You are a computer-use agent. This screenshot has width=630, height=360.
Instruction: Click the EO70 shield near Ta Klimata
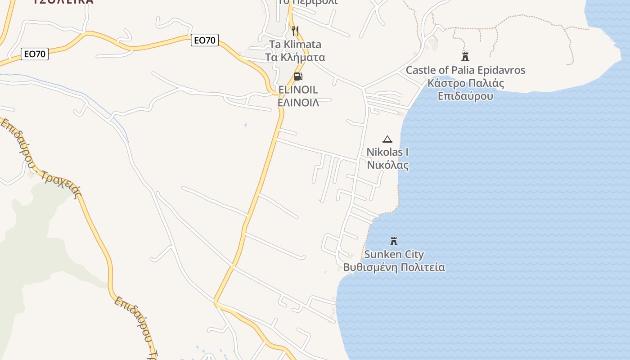[x=205, y=40]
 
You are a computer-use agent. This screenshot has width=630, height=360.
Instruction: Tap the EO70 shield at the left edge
[x=35, y=54]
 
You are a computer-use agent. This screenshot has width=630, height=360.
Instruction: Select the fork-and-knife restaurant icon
[x=295, y=31]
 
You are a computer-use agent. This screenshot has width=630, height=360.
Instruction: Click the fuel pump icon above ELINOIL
[x=297, y=76]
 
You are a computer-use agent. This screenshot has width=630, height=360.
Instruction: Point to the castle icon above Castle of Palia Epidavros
[x=465, y=57]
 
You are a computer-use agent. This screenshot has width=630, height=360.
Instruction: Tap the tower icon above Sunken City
[x=394, y=241]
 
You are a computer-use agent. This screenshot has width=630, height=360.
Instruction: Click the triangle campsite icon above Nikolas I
[x=387, y=139]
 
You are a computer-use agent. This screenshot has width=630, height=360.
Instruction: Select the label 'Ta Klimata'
[x=295, y=44]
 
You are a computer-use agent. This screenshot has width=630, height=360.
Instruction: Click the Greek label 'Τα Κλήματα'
[x=295, y=57]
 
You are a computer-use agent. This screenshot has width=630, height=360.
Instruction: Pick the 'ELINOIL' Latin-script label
[x=298, y=90]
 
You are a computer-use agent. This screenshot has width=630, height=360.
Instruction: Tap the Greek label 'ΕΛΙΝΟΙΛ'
[x=298, y=103]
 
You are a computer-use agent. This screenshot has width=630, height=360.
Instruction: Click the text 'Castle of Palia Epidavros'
[x=465, y=70]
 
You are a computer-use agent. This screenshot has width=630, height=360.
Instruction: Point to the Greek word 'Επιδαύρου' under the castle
[x=465, y=96]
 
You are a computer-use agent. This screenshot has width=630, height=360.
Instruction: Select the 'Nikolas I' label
[x=387, y=152]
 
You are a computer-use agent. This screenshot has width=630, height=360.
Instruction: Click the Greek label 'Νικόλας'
[x=387, y=165]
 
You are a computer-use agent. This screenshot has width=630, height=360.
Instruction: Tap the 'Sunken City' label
[x=394, y=254]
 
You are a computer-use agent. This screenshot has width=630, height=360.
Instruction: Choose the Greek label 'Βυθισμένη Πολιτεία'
[x=394, y=267]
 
